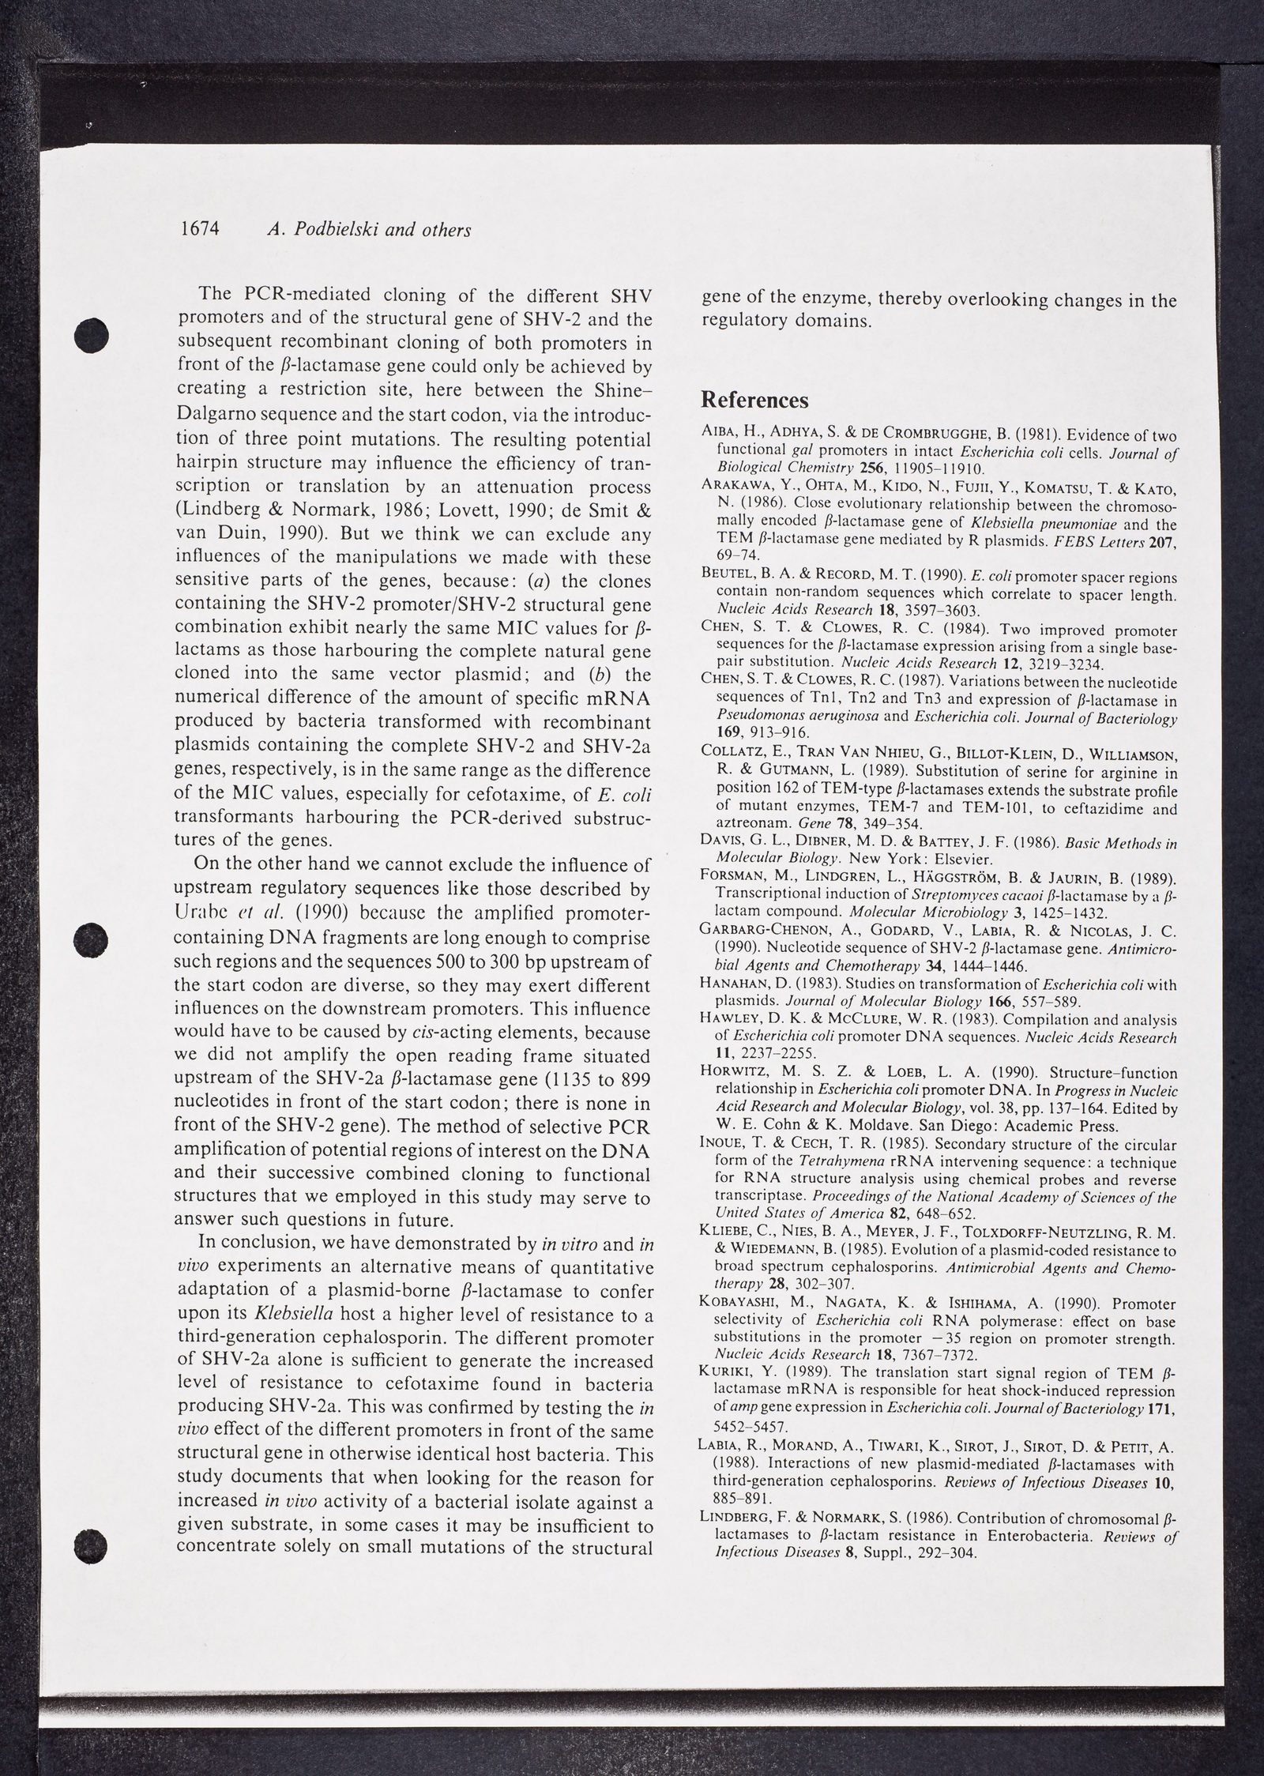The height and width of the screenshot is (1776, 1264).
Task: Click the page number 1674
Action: [198, 230]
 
